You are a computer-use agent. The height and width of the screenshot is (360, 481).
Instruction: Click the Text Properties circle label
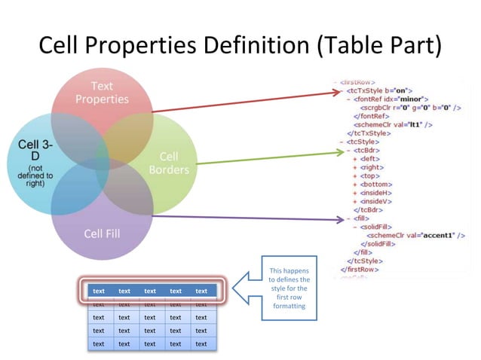coord(101,93)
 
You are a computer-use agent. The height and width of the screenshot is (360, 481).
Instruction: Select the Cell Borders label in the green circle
coord(168,163)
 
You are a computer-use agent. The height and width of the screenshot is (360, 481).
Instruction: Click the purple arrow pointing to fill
coord(256,218)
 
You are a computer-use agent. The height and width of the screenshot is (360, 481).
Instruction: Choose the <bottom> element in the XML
coord(377,185)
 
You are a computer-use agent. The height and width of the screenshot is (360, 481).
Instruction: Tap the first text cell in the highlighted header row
coord(99,291)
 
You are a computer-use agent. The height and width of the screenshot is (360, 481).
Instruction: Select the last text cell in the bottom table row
coord(201,343)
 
